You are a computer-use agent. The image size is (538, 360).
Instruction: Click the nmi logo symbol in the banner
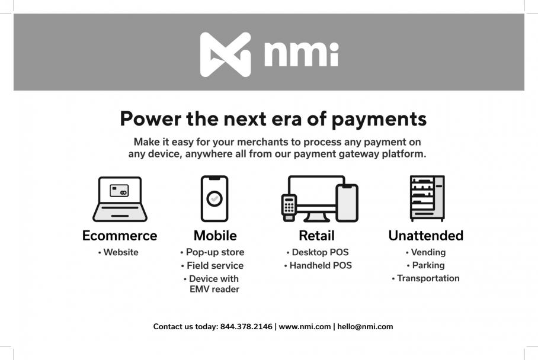point(225,54)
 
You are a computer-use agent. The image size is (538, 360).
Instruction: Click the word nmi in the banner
point(301,54)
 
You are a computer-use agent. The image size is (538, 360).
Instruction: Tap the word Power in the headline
point(150,118)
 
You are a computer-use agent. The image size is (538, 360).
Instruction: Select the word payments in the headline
point(379,120)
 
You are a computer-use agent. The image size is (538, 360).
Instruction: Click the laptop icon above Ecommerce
point(120,199)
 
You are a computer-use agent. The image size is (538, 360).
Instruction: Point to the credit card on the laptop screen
point(119,191)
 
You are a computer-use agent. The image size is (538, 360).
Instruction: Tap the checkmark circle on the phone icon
point(214,198)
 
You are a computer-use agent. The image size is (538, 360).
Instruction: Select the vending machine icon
point(427,198)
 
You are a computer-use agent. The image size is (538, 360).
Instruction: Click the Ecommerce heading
point(120,236)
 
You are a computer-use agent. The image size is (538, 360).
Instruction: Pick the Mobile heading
point(215,236)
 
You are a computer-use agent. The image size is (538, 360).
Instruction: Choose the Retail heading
point(316,236)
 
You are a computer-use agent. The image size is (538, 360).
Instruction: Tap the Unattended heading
point(426,236)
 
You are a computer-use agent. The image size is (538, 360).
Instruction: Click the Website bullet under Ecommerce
point(118,252)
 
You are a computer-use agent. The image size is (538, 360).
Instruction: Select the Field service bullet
point(212,266)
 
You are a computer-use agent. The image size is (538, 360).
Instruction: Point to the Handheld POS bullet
point(318,266)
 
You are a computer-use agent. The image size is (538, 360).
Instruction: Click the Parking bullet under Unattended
point(425,265)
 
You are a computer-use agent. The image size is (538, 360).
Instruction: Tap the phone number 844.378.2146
point(246,327)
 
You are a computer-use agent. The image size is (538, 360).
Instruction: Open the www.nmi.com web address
point(305,327)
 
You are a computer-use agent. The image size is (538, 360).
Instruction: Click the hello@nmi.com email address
point(365,327)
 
